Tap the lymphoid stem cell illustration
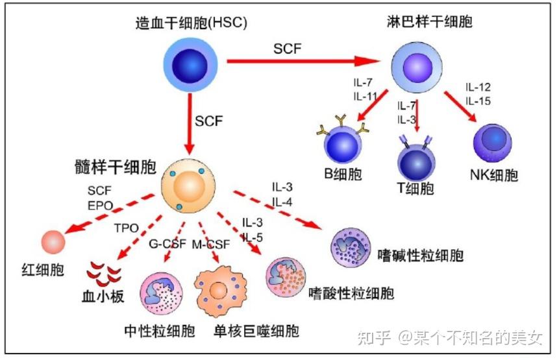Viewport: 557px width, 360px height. [417, 67]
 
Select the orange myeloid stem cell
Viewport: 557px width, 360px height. [188, 186]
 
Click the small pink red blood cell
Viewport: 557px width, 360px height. [53, 242]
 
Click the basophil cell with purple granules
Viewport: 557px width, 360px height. [351, 247]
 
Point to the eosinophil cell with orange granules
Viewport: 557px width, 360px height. [286, 277]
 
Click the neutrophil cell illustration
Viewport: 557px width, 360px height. [162, 293]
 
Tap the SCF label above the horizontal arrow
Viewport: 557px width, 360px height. [288, 49]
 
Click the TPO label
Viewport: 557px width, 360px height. [127, 228]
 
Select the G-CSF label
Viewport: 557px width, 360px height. [167, 243]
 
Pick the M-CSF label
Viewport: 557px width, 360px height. [211, 245]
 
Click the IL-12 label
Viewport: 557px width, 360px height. [478, 87]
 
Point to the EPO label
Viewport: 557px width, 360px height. [100, 205]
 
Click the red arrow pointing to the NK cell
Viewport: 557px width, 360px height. [460, 106]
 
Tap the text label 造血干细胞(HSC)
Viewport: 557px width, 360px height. [191, 23]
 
